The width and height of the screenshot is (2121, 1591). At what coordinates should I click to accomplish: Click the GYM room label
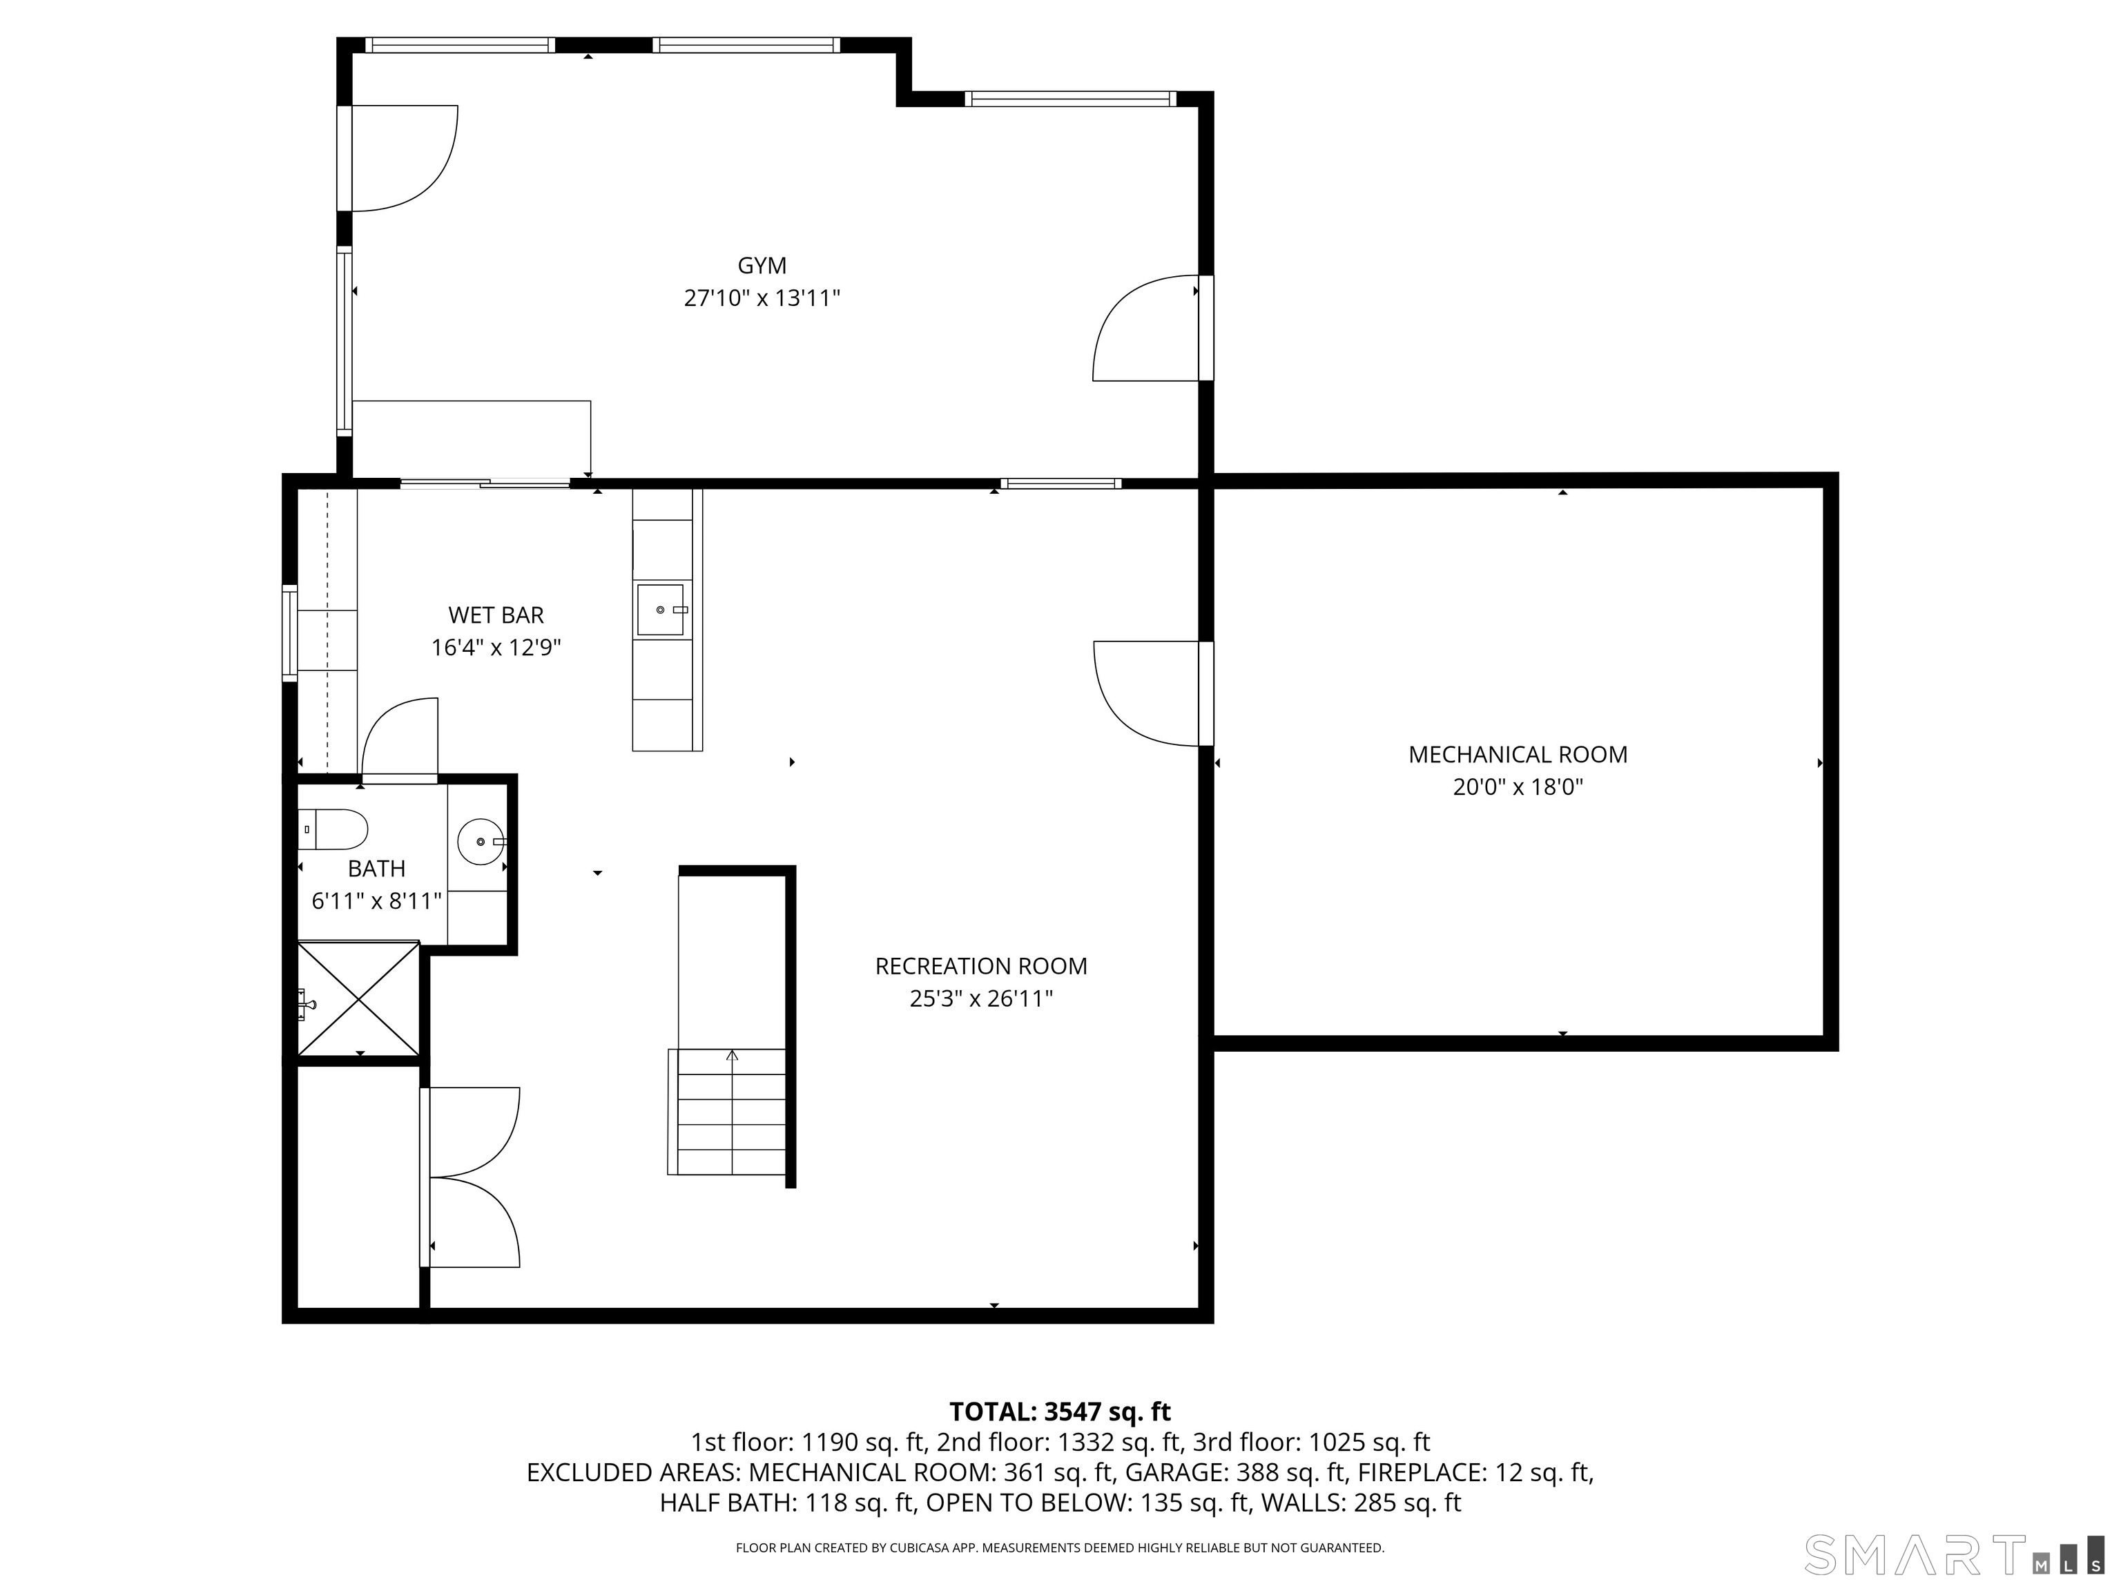[x=762, y=266]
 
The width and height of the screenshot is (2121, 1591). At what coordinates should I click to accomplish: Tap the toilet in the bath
[x=333, y=829]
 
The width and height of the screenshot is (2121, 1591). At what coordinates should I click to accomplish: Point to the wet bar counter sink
[x=661, y=610]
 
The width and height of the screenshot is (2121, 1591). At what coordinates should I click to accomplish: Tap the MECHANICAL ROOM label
[x=1518, y=755]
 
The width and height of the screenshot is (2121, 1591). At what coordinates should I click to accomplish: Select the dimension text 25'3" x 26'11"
[x=981, y=999]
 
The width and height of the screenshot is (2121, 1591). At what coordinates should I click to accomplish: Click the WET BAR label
[x=496, y=615]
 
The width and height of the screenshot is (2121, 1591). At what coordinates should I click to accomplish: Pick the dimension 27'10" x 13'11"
[x=762, y=298]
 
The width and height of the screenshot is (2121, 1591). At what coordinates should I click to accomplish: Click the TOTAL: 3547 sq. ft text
[x=1060, y=1411]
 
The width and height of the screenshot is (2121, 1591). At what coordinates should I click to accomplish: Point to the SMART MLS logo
[x=1953, y=1554]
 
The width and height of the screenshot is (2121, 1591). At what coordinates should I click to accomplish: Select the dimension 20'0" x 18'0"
[x=1518, y=787]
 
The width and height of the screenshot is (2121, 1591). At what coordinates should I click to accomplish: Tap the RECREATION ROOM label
[x=981, y=967]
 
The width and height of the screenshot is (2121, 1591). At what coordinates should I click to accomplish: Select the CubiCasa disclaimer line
[x=1060, y=1548]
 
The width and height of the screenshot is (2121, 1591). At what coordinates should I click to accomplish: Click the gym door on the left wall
[x=398, y=158]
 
